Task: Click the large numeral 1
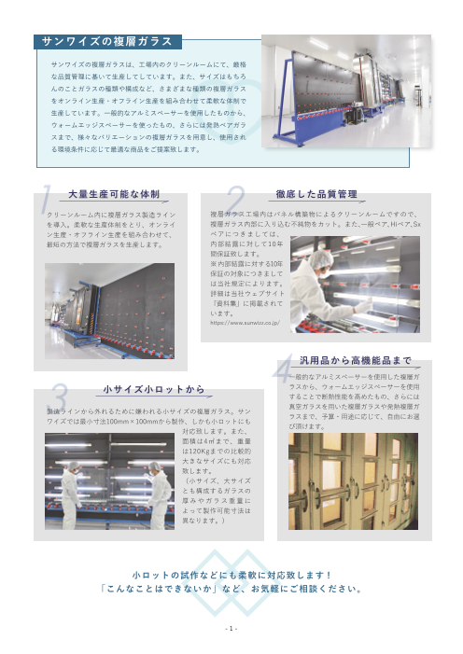click(45, 199)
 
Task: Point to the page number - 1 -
click(231, 628)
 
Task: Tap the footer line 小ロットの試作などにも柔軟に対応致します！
click(231, 576)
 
